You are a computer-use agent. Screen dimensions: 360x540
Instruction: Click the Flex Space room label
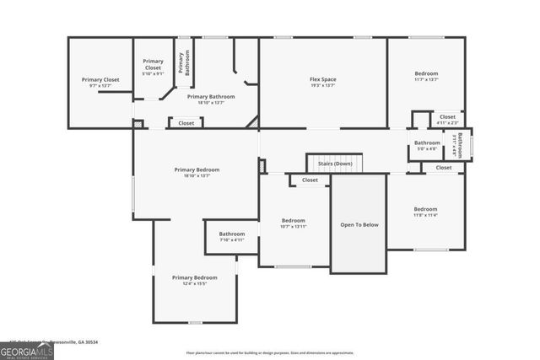[x=322, y=82]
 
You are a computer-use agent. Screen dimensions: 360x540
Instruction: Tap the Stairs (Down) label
[x=333, y=163]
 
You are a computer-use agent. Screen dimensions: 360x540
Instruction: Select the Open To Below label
[x=359, y=225]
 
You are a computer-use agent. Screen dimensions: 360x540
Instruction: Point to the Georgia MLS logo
[x=26, y=350]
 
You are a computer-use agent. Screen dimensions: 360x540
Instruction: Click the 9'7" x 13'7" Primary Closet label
[x=100, y=83]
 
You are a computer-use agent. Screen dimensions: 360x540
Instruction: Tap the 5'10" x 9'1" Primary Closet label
[x=153, y=67]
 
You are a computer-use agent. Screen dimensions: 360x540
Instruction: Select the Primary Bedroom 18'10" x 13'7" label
[x=196, y=172]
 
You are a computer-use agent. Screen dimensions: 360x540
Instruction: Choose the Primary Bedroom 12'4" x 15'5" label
[x=194, y=280]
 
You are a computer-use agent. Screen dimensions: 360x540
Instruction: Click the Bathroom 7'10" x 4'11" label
[x=231, y=236]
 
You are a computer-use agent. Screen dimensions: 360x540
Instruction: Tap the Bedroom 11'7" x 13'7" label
[x=426, y=76]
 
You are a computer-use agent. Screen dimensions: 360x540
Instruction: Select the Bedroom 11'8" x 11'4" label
[x=425, y=212]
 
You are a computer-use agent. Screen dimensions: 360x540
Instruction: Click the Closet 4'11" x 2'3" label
[x=447, y=119]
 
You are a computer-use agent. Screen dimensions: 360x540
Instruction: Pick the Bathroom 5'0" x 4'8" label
[x=426, y=145]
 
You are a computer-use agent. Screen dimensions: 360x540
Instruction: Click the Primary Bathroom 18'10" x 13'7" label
[x=210, y=99]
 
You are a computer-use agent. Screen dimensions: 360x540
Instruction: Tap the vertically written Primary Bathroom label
[x=183, y=63]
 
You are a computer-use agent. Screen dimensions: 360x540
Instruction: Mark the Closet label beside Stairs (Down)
[x=310, y=180]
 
